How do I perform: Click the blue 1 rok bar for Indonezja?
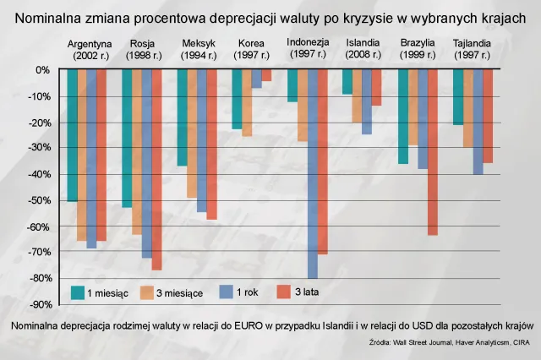click(x=313, y=173)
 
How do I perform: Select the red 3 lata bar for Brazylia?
click(x=432, y=152)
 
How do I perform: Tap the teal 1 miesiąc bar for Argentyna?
click(x=73, y=135)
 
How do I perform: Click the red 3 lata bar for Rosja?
click(x=156, y=169)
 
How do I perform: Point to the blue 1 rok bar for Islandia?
click(x=367, y=101)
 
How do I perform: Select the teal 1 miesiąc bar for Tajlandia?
click(x=458, y=97)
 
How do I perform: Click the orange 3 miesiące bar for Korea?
click(x=247, y=102)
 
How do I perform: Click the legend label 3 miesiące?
click(x=180, y=292)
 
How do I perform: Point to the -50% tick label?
click(x=41, y=200)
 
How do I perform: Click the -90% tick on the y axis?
click(x=41, y=304)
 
